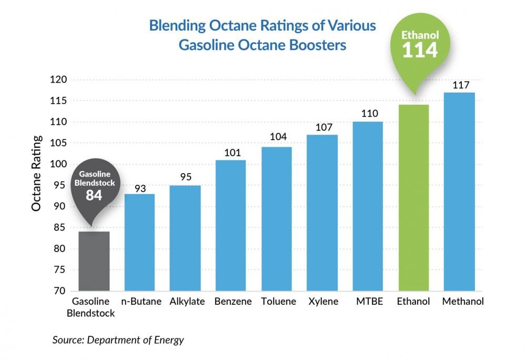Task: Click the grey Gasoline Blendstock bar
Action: click(94, 261)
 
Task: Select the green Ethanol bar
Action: click(413, 197)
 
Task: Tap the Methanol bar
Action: click(459, 192)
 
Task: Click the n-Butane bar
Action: click(139, 242)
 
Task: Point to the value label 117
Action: click(459, 85)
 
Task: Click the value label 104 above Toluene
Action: click(277, 137)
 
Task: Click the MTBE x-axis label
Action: click(368, 302)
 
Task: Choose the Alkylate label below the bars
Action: click(185, 302)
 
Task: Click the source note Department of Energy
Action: click(118, 340)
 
